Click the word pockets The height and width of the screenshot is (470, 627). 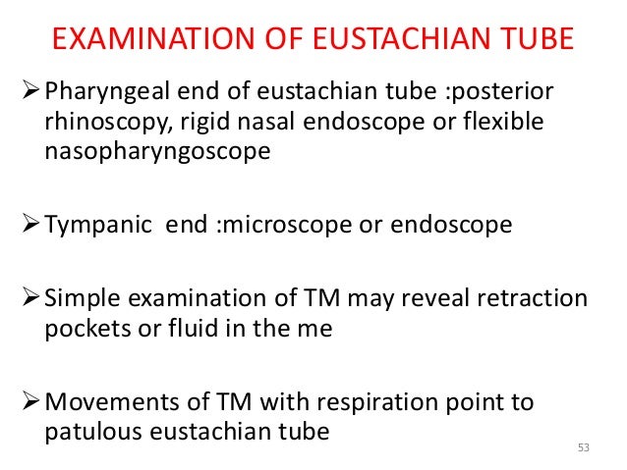coord(85,328)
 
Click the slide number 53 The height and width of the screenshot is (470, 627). coord(583,448)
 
